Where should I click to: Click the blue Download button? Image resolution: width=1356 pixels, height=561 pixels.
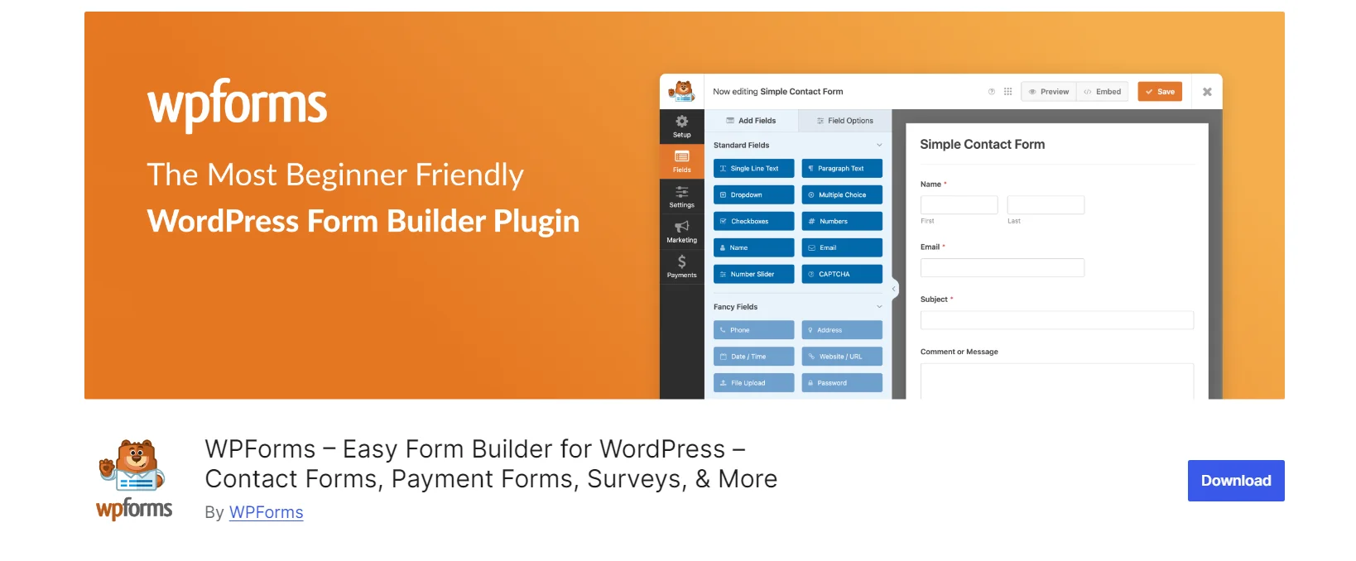[1235, 481]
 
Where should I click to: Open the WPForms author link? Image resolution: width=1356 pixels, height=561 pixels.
[266, 512]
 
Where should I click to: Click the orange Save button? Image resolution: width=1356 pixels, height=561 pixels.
[1159, 92]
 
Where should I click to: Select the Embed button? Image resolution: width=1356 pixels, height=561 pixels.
[1103, 92]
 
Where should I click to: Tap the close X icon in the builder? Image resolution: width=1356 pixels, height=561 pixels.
[1207, 92]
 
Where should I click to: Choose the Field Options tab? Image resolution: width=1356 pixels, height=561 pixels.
[845, 121]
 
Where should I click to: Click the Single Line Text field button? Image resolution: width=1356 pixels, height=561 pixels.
[753, 169]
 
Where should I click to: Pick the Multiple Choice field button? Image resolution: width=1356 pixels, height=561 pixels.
[842, 195]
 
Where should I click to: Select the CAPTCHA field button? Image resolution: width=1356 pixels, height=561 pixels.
[842, 274]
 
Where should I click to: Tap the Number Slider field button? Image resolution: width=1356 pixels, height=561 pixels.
[753, 274]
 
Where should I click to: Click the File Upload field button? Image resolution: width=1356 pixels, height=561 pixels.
[753, 383]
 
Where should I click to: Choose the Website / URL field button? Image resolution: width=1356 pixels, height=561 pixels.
[842, 357]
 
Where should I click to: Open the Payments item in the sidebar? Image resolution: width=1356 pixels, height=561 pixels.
[681, 266]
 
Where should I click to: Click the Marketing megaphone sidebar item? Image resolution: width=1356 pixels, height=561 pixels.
[681, 231]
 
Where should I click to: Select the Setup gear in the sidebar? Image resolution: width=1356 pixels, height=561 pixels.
[681, 126]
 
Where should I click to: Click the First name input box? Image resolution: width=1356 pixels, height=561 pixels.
[959, 205]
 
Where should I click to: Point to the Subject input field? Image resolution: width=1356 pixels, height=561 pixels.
[1056, 320]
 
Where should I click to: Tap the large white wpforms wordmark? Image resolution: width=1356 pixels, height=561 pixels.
[237, 105]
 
